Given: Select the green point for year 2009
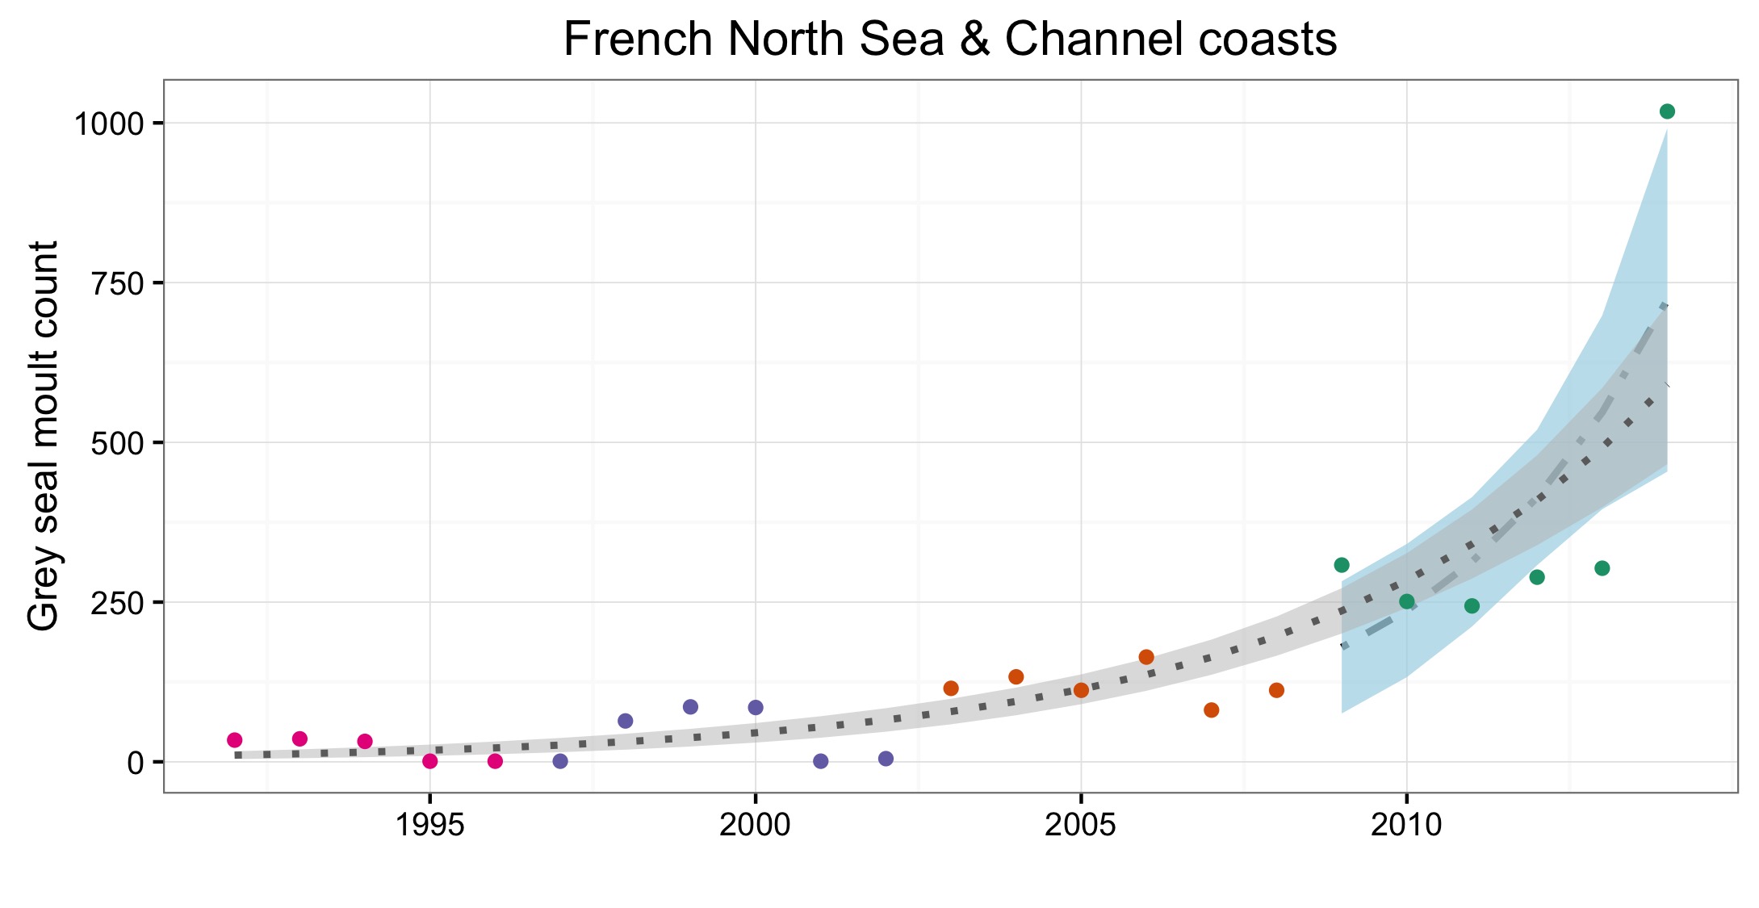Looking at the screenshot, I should [1342, 565].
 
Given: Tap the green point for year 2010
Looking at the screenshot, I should [1407, 601].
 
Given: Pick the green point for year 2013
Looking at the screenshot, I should [1602, 568].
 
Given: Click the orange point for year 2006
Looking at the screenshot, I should [1146, 657].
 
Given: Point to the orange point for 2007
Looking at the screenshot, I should [1212, 710].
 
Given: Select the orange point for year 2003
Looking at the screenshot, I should [951, 688].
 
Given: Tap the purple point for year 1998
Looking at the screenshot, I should [626, 721].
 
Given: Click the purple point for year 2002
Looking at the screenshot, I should [886, 759].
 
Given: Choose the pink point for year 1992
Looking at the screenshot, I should [235, 740].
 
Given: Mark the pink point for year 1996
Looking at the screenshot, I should [496, 761].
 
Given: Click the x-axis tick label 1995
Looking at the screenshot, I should [430, 825].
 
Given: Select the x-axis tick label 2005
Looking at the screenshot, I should [1081, 825].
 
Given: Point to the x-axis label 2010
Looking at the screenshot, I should [1406, 825].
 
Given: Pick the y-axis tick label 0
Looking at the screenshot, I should [135, 763].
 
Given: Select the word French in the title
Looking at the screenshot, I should [638, 39].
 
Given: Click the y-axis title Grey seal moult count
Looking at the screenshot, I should [44, 436].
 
